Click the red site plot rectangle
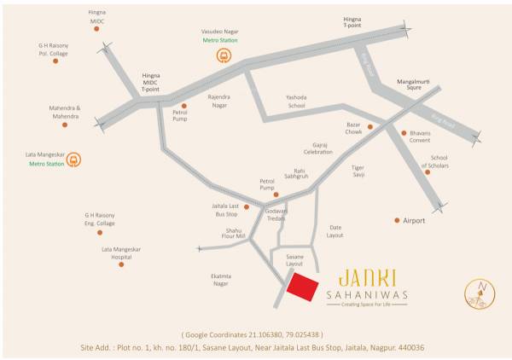click(305, 287)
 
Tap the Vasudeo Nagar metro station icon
click(224, 56)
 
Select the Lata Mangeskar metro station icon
click(73, 159)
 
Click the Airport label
click(415, 220)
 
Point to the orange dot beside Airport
click(397, 220)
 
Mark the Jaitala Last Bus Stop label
click(225, 210)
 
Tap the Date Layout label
click(335, 230)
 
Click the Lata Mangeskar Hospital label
click(119, 253)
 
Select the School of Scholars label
click(439, 161)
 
